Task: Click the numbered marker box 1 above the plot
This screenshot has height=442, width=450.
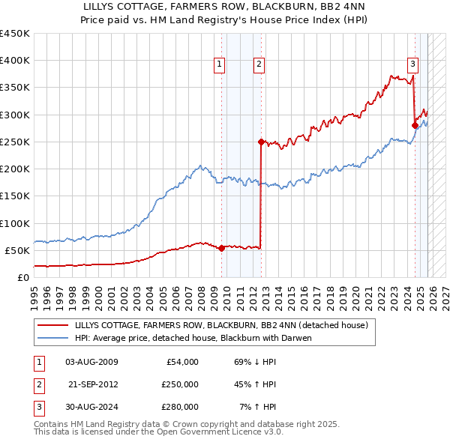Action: [x=220, y=65]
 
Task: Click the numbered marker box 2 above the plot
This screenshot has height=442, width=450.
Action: [x=259, y=65]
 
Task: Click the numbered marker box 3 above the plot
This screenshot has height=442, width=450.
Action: [x=412, y=65]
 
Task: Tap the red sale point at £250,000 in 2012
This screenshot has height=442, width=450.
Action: [x=261, y=142]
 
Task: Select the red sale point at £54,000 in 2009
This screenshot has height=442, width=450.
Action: [x=221, y=248]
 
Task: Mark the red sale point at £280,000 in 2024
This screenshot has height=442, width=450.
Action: [x=415, y=125]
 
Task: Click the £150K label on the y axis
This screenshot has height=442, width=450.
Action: [x=14, y=196]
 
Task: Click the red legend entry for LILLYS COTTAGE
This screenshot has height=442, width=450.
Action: [x=221, y=325]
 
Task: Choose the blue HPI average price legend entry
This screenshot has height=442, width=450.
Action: [x=193, y=338]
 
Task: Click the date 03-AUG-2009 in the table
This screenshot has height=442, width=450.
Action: [x=91, y=362]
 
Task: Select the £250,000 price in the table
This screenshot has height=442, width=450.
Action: [x=180, y=384]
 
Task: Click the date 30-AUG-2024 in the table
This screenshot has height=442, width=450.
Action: [x=91, y=407]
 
